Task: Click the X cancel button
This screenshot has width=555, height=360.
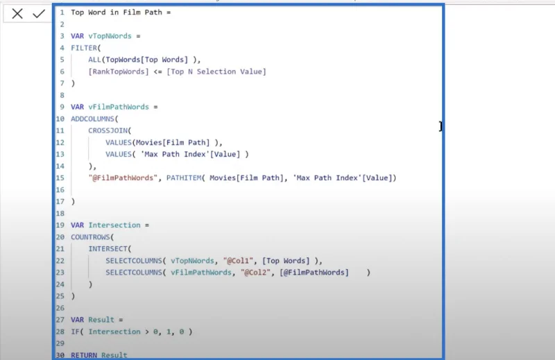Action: coord(17,14)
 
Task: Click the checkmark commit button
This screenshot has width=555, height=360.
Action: coord(39,14)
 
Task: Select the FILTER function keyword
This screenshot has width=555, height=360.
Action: coord(84,48)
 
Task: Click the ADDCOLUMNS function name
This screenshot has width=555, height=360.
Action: coord(93,119)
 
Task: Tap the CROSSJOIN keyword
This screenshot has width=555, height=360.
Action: coord(108,130)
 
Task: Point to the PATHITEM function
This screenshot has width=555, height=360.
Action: coord(184,178)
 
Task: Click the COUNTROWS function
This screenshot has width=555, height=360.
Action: coord(91,237)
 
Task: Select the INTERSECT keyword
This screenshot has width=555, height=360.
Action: coord(108,249)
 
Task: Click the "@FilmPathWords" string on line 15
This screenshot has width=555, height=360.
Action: coord(123,178)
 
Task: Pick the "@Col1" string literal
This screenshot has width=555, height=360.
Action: coord(239,261)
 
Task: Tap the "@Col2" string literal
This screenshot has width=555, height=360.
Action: coord(256,273)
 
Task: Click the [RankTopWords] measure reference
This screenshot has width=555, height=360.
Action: coord(119,71)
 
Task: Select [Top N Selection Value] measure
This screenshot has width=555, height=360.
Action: coord(216,71)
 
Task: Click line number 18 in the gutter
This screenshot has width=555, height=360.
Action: coord(60,214)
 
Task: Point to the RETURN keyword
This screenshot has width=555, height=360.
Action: coord(84,355)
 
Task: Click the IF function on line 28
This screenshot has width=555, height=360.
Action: coord(75,332)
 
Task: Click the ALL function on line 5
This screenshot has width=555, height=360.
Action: coord(95,60)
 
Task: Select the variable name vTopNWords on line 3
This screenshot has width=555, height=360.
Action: coord(110,36)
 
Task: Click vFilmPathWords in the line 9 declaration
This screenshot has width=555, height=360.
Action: coord(119,107)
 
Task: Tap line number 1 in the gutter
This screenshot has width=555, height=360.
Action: coord(62,12)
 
